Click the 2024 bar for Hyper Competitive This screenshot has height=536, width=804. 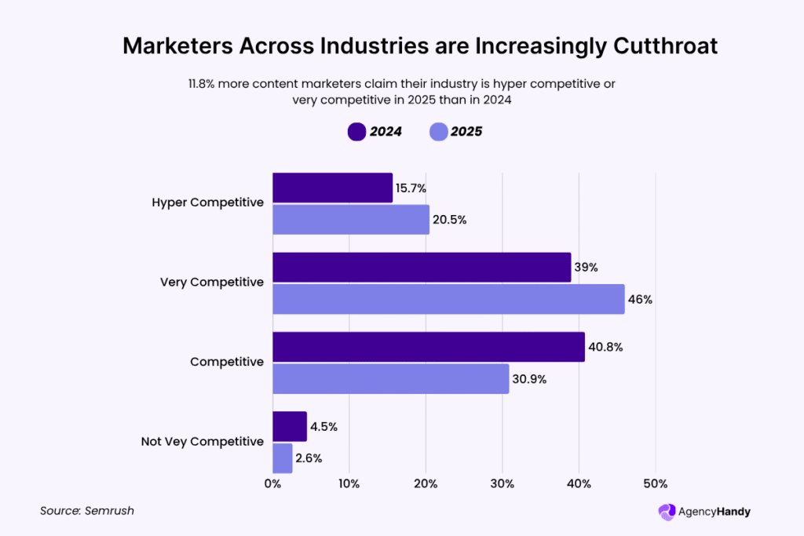(332, 188)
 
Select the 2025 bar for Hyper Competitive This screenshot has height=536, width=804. (351, 220)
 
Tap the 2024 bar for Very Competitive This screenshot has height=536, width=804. (422, 268)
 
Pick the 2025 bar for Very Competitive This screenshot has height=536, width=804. (448, 299)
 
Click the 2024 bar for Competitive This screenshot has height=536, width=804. (429, 347)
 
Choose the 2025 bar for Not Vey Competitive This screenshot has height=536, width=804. (283, 458)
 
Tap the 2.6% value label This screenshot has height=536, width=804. (309, 458)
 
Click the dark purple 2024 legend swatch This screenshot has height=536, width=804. (356, 132)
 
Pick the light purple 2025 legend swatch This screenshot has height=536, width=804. (438, 132)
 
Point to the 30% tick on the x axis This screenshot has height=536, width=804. (502, 483)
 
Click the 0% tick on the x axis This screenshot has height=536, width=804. (272, 483)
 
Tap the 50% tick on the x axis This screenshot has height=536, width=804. (656, 483)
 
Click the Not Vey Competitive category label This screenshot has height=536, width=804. (203, 442)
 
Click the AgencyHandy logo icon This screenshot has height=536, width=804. (667, 512)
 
